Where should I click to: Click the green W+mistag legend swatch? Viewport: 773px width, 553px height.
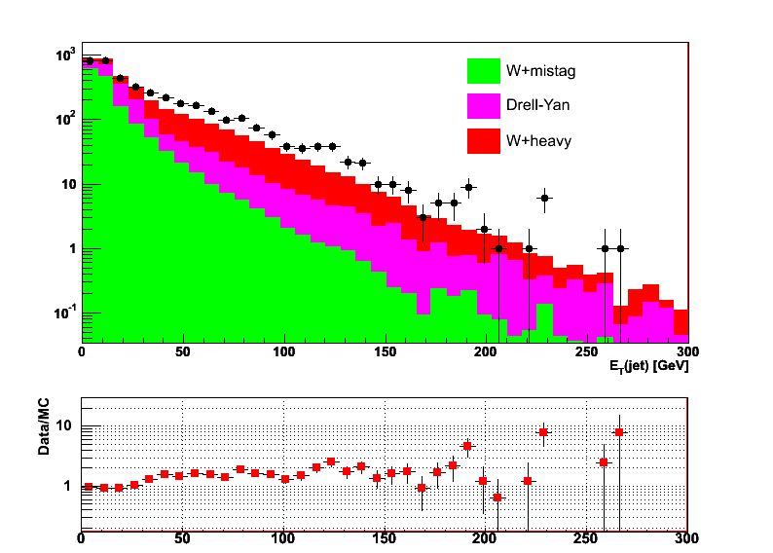[x=483, y=70]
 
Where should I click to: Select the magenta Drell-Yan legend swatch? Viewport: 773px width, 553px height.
[x=483, y=105]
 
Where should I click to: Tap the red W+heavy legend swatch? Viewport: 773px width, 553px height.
[x=483, y=140]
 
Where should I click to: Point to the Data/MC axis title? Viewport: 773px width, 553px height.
[x=44, y=430]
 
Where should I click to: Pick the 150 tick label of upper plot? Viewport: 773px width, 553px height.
[x=385, y=352]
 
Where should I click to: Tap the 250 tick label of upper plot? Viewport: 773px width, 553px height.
[x=586, y=352]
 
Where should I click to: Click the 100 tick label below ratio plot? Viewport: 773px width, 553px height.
[x=283, y=536]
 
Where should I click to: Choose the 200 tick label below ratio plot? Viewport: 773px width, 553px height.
[x=486, y=536]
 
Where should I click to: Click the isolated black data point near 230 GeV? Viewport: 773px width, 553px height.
[x=545, y=198]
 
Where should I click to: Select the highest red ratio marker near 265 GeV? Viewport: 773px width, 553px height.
[x=619, y=432]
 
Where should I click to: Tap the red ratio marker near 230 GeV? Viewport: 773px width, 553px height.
[x=543, y=431]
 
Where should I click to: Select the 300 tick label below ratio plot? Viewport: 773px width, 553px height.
[x=687, y=536]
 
